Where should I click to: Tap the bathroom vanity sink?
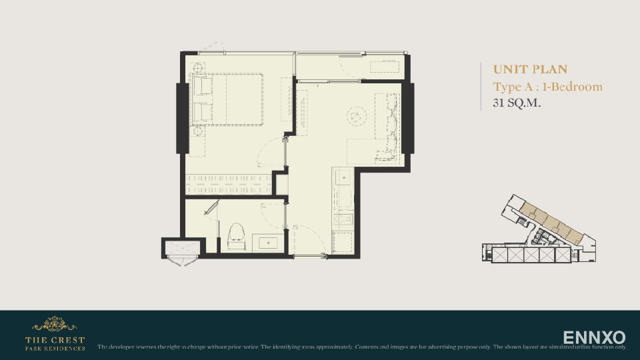point(269,243)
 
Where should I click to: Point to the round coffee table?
point(355,117)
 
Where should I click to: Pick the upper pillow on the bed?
point(202,87)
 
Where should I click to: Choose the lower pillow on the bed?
point(202,112)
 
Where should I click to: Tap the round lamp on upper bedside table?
point(198,67)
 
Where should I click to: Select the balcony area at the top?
point(350,66)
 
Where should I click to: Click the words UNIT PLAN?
point(530,69)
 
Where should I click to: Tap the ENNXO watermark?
point(594,337)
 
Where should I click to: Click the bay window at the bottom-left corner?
point(181,252)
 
